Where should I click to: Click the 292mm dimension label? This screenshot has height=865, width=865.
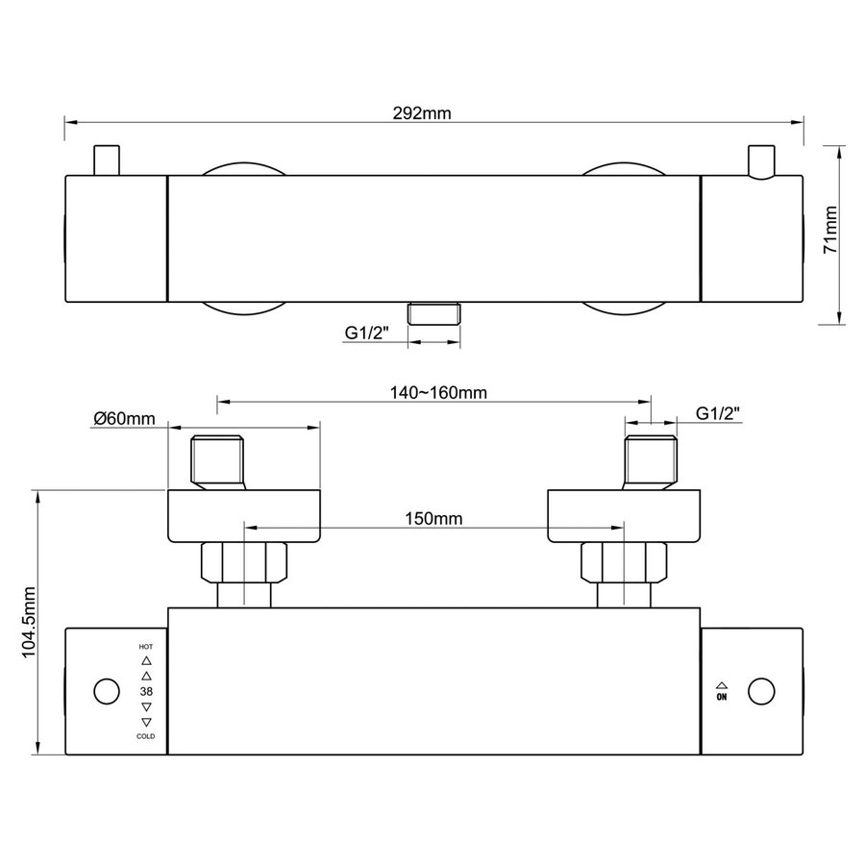click(422, 113)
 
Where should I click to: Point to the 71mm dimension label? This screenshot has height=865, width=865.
click(830, 230)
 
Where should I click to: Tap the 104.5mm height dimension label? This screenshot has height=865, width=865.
click(28, 622)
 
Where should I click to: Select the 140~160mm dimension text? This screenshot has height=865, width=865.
click(438, 393)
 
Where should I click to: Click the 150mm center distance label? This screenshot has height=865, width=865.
click(433, 519)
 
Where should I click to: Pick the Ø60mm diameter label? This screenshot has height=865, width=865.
click(124, 419)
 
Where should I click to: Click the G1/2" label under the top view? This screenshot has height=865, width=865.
click(367, 333)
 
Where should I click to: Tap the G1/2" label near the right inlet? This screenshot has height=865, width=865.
click(718, 413)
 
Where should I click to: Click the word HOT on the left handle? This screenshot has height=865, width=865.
click(146, 647)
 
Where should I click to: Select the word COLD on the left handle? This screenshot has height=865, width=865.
click(146, 736)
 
